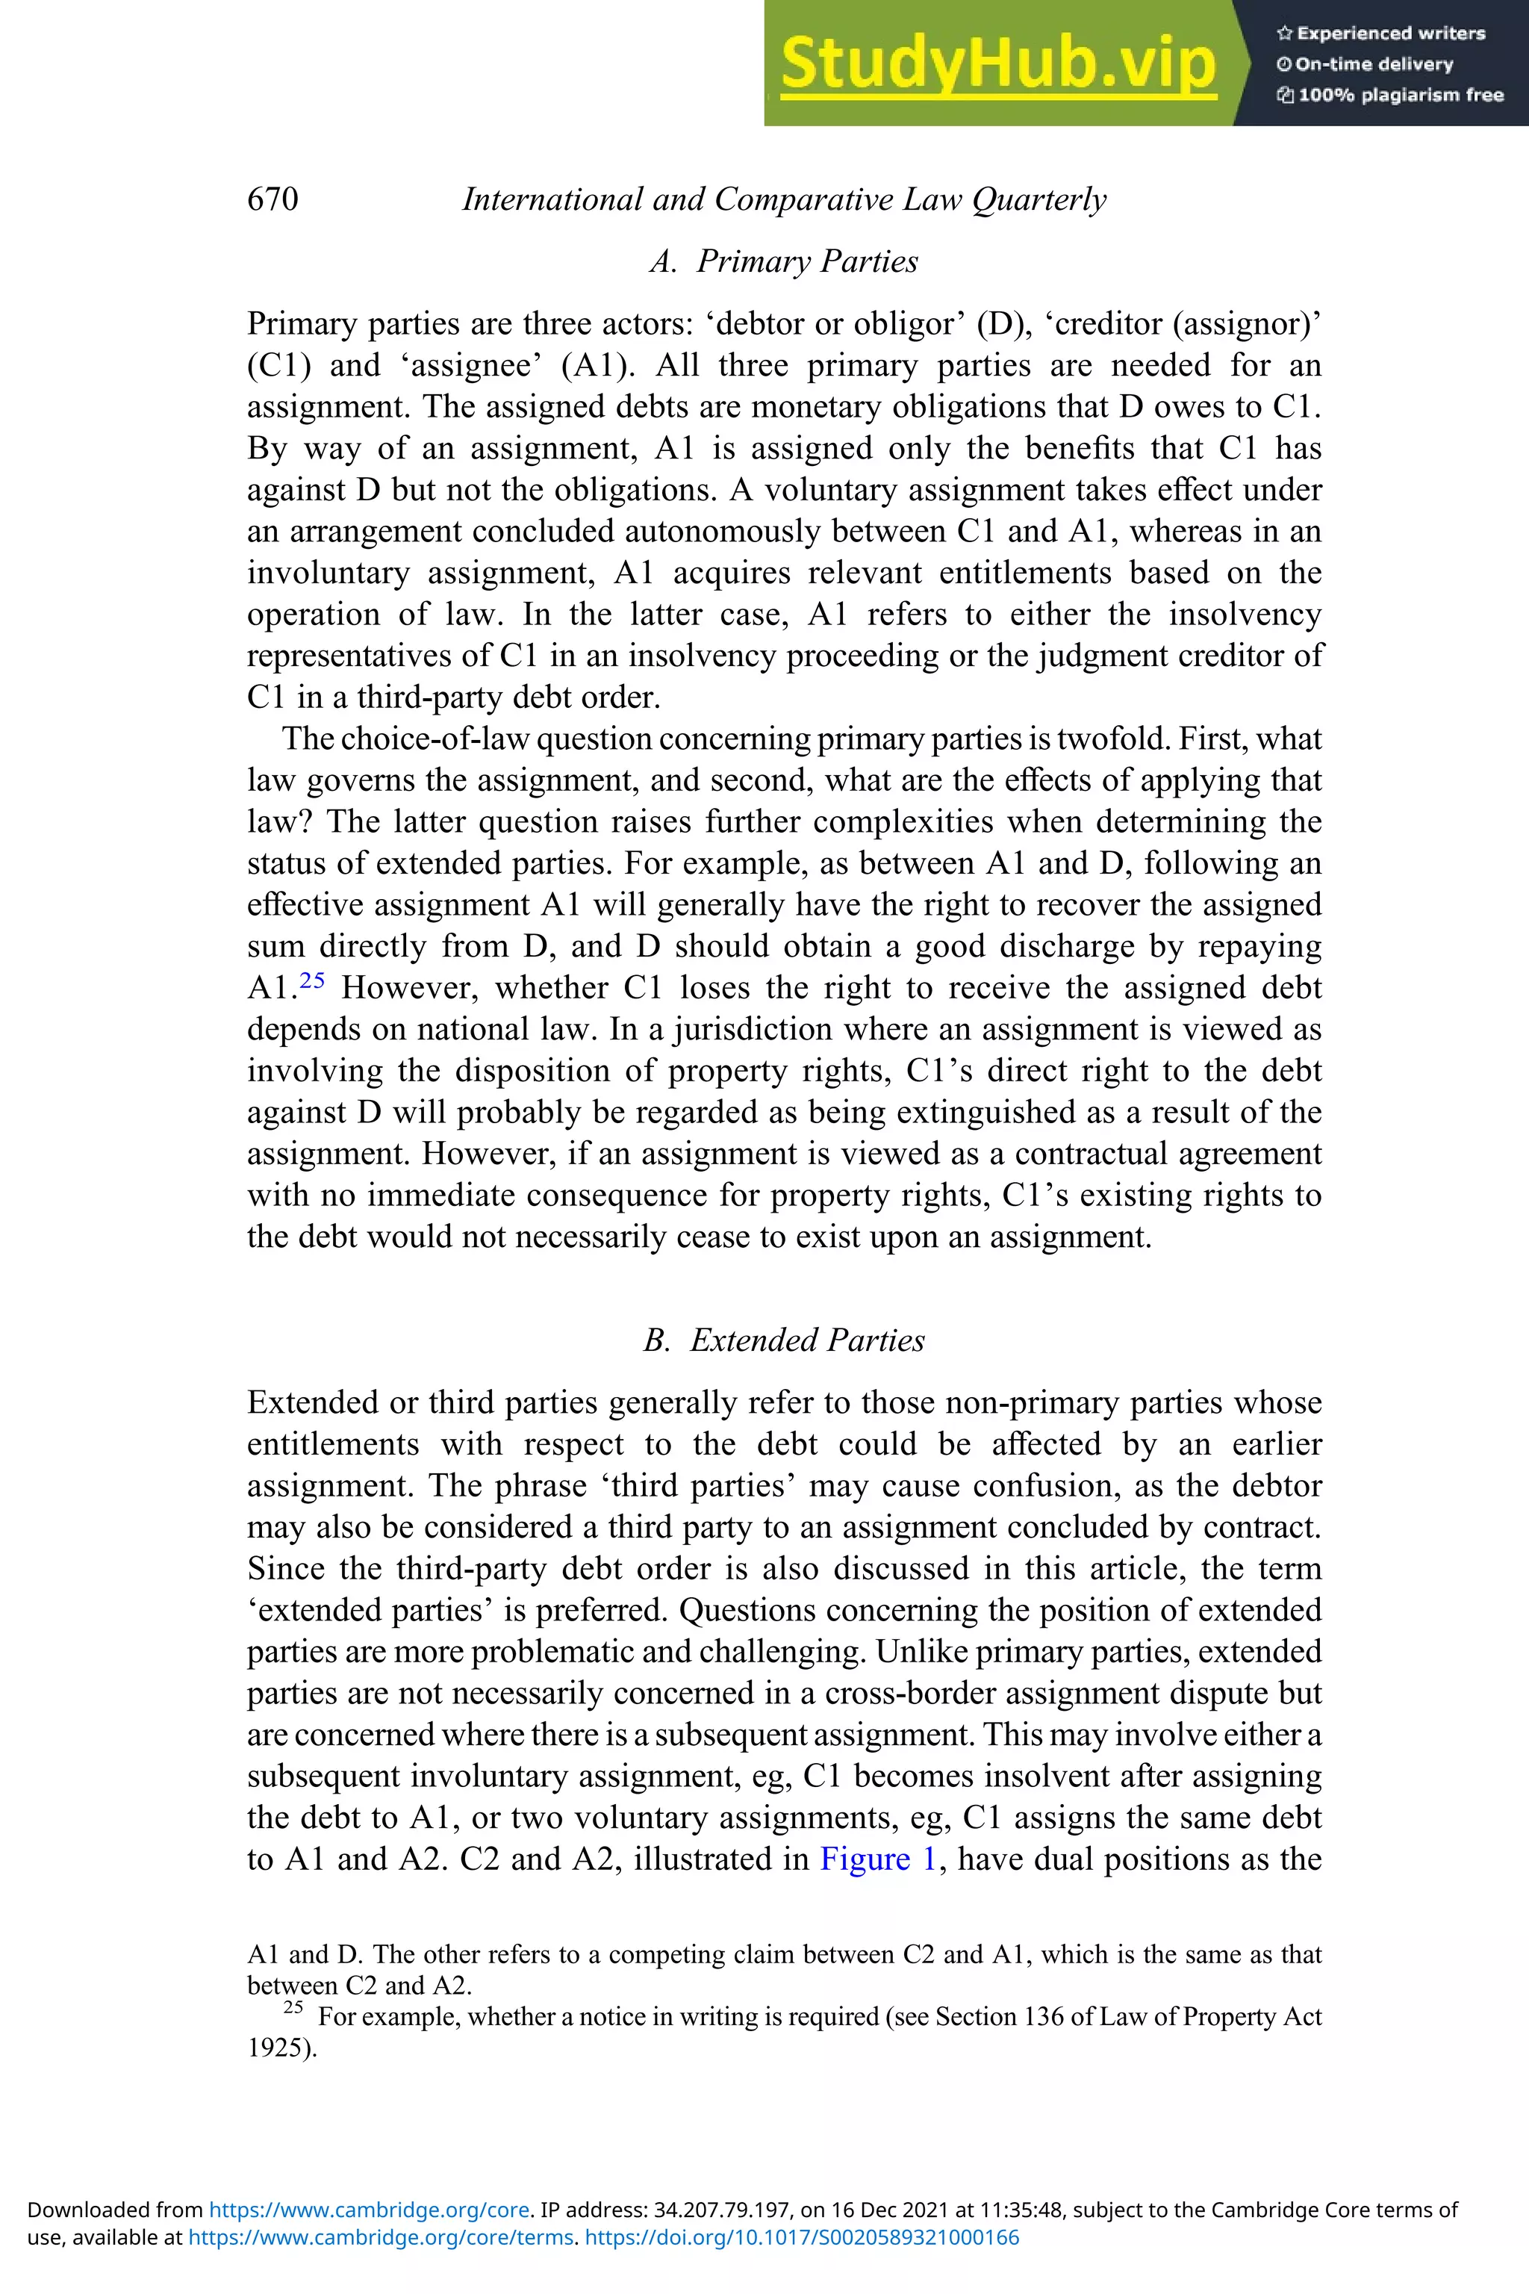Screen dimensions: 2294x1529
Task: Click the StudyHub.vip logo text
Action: click(x=997, y=64)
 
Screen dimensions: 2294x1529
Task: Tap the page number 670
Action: click(x=273, y=199)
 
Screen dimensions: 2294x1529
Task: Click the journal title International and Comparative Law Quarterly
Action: click(x=784, y=199)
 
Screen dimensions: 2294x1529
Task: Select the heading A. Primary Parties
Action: click(x=784, y=261)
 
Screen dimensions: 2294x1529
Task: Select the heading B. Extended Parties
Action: click(x=784, y=1340)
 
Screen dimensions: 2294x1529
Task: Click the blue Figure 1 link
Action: click(x=878, y=1859)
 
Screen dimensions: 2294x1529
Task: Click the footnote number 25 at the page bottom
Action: click(x=293, y=2007)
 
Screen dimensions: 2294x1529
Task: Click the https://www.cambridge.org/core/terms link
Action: click(x=380, y=2237)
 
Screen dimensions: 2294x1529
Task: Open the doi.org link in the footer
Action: click(x=802, y=2237)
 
